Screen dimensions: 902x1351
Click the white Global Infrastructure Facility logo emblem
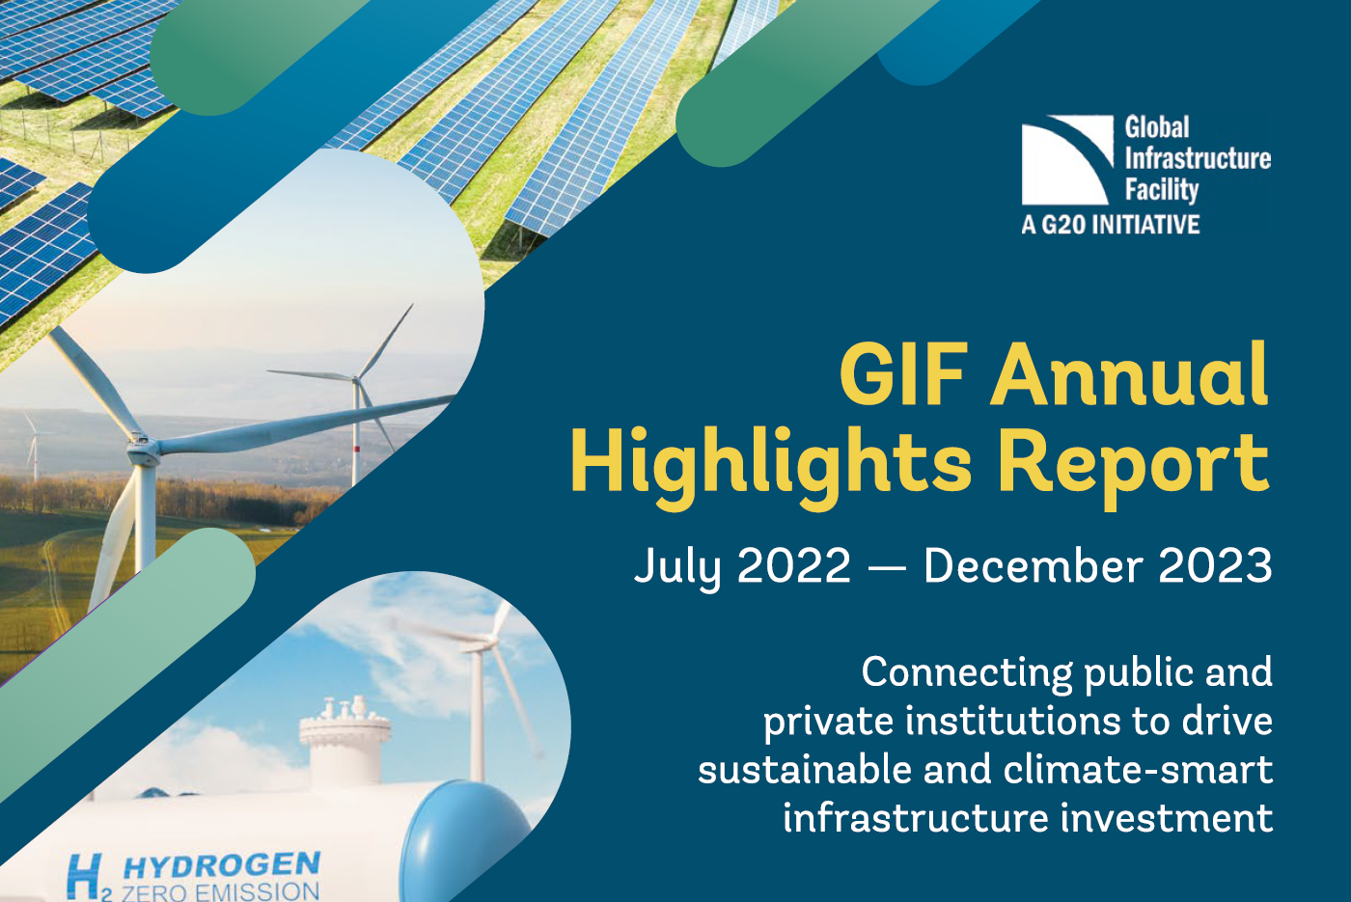[1066, 160]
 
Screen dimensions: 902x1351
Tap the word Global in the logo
[1156, 127]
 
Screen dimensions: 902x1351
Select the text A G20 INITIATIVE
[1110, 225]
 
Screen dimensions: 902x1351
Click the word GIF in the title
[903, 374]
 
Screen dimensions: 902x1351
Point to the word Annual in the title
[1129, 374]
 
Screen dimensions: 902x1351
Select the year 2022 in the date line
[793, 566]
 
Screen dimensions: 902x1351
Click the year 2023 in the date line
[1215, 566]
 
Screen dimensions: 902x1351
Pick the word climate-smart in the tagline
[1138, 770]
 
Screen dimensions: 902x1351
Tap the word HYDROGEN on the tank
[221, 864]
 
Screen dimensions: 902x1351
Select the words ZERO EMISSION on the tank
[220, 891]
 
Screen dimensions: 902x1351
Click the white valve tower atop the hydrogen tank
[345, 733]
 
